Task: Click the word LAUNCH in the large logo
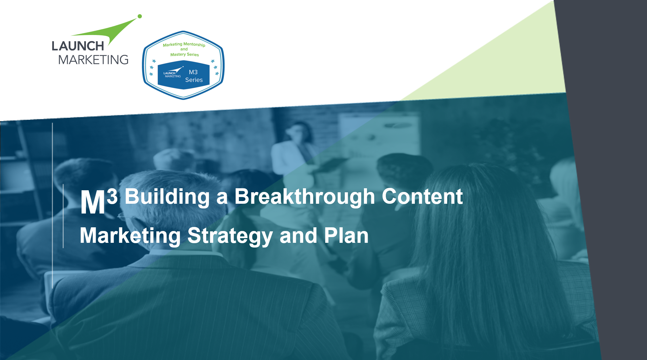[x=78, y=46]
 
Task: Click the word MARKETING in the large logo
[x=93, y=60]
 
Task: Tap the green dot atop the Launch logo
[x=140, y=16]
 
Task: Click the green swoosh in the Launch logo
[x=108, y=32]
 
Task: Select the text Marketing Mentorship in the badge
[x=184, y=44]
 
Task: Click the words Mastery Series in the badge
[x=185, y=55]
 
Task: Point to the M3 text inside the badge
[x=193, y=72]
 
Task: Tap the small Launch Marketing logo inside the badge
[x=173, y=72]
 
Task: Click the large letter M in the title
[x=93, y=202]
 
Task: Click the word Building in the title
[x=167, y=197]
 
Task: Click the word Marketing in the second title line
[x=130, y=236]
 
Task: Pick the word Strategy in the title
[x=230, y=236]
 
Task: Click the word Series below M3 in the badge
[x=194, y=80]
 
